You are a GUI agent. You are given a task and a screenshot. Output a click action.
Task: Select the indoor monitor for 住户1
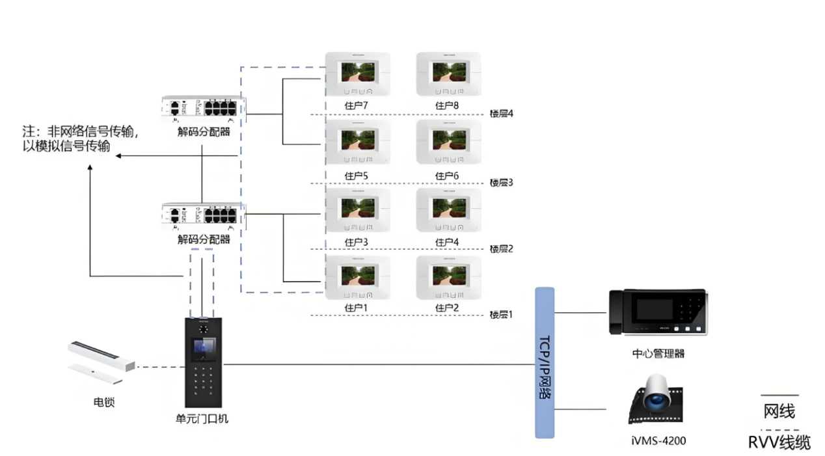pos(358,277)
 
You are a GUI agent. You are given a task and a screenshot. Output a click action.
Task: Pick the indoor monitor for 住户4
pos(449,209)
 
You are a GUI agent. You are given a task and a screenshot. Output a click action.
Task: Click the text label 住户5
pos(357,176)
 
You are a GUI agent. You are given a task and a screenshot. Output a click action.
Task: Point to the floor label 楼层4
pos(502,114)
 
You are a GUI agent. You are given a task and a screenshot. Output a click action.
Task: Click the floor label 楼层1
pos(502,315)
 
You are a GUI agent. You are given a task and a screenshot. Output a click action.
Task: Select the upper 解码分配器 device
pos(204,109)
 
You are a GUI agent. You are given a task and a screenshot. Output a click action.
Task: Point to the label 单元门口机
pos(203,419)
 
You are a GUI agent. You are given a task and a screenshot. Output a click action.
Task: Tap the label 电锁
pos(104,403)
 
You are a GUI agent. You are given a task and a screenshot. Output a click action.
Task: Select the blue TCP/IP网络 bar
pos(545,362)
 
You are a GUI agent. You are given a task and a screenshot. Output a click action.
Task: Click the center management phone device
pos(658,313)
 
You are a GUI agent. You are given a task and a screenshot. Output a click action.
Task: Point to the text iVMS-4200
pos(658,440)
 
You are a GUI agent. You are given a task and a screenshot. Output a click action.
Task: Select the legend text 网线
pos(779,411)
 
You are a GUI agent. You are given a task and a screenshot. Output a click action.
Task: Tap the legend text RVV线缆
pos(779,443)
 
